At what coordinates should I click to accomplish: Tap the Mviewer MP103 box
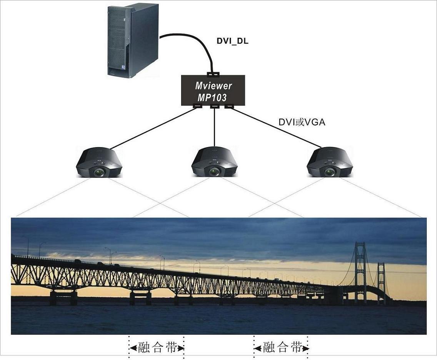point(213,90)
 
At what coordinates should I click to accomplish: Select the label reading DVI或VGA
point(302,122)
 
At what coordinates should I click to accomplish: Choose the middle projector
point(214,162)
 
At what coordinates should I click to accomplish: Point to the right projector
point(330,162)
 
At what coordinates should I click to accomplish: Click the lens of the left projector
point(99,172)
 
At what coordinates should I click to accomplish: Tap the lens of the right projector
point(330,172)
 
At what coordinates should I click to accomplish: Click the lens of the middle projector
point(215,172)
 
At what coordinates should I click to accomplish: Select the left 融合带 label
point(156,348)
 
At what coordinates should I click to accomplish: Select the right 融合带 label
point(282,348)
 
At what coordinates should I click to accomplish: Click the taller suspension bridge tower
point(360,271)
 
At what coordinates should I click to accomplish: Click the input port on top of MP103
point(213,74)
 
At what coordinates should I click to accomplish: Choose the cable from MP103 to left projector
point(154,128)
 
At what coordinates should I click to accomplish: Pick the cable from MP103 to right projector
point(277,128)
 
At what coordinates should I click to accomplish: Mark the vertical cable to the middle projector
point(214,127)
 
